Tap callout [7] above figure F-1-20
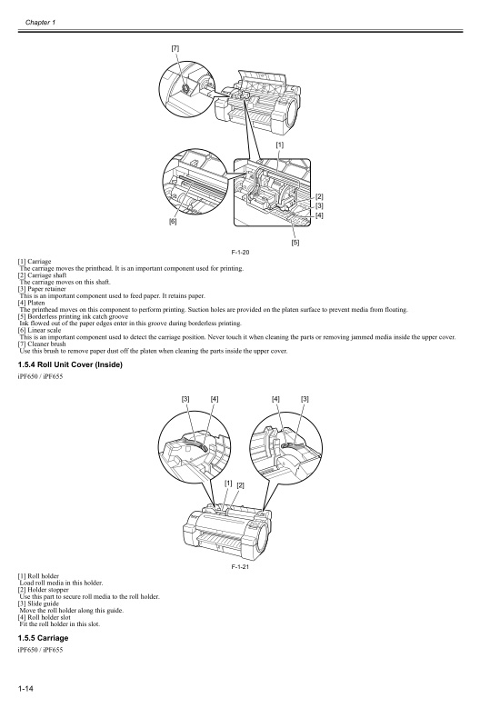pos(175,47)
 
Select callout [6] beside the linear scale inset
pos(173,221)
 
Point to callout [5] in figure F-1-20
pos(295,242)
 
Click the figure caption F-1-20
pos(241,252)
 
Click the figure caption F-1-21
pos(241,565)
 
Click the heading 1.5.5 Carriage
pos(43,638)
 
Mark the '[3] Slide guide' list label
pos(39,603)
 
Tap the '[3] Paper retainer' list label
pos(42,289)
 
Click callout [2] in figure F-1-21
pos(240,486)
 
